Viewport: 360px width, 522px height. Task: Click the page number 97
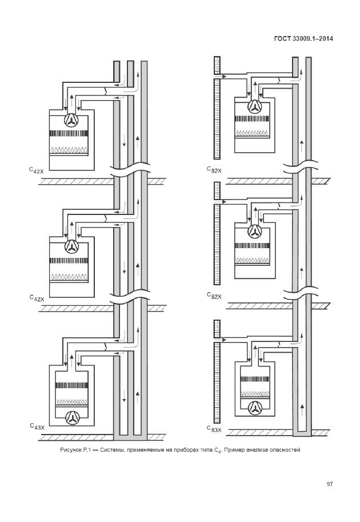coord(329,484)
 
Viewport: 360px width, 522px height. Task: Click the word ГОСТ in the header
coord(282,38)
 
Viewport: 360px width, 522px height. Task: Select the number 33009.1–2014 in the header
coord(313,38)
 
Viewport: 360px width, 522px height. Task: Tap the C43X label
coord(37,427)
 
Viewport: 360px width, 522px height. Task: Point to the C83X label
coord(214,429)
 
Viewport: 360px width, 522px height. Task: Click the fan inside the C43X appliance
coord(71,418)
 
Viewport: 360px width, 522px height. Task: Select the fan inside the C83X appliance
coord(255,408)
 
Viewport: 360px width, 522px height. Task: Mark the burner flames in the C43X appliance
coord(71,402)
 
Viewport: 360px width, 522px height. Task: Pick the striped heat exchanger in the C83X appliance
coord(255,379)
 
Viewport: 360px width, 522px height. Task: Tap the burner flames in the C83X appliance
coord(255,394)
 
